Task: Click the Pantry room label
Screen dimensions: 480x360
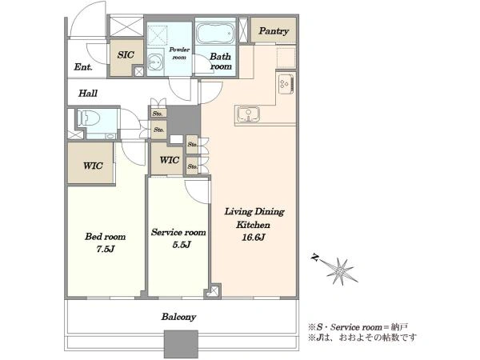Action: pyautogui.click(x=274, y=31)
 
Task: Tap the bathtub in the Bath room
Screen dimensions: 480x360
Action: pyautogui.click(x=215, y=33)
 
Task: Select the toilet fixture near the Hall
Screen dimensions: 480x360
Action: pyautogui.click(x=89, y=118)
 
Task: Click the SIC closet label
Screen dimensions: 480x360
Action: pyautogui.click(x=126, y=54)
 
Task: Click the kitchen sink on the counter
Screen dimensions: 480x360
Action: pyautogui.click(x=248, y=114)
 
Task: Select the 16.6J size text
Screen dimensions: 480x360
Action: pyautogui.click(x=253, y=238)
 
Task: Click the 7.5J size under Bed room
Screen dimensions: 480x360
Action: pyautogui.click(x=106, y=249)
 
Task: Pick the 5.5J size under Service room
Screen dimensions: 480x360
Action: pyautogui.click(x=182, y=245)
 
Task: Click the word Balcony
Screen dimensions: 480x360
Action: pyautogui.click(x=178, y=317)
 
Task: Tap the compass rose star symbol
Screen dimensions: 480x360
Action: pyautogui.click(x=341, y=271)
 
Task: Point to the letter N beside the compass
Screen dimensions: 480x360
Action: pyautogui.click(x=314, y=258)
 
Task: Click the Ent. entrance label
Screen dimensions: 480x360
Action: pyautogui.click(x=83, y=66)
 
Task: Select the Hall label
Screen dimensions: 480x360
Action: pyautogui.click(x=88, y=93)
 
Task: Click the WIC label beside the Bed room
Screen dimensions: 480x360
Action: pyautogui.click(x=93, y=166)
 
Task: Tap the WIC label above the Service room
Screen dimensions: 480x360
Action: pyautogui.click(x=170, y=160)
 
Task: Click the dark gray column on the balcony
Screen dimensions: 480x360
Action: pyautogui.click(x=182, y=344)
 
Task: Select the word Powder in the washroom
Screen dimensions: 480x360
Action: pyautogui.click(x=179, y=50)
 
